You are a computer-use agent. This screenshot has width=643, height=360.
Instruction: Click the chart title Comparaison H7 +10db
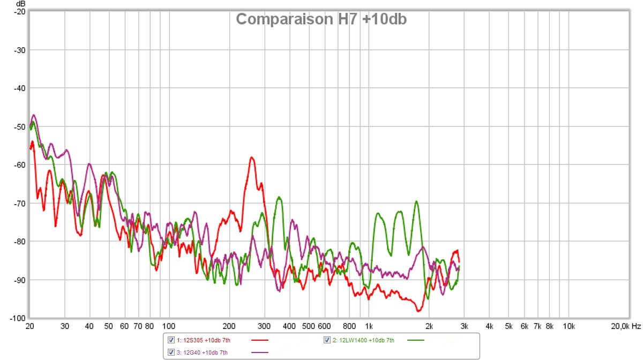(x=321, y=19)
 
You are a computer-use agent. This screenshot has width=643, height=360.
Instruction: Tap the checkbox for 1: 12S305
(x=171, y=340)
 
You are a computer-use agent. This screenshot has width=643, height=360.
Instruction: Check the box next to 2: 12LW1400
(x=327, y=340)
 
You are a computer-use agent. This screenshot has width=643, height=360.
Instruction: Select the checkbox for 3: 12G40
(x=171, y=352)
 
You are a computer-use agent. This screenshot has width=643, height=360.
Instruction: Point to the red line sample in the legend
(x=259, y=340)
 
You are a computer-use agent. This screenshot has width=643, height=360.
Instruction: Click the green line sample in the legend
(x=416, y=340)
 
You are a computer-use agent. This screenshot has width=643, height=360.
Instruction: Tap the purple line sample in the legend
(x=259, y=352)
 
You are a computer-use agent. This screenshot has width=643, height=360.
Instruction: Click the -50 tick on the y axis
(x=20, y=126)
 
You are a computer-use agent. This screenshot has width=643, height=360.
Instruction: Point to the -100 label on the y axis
(x=18, y=318)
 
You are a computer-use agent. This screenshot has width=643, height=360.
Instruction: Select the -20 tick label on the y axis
(x=20, y=11)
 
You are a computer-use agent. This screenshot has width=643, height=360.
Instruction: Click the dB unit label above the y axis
(x=21, y=4)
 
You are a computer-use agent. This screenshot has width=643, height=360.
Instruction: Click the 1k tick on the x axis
(x=369, y=326)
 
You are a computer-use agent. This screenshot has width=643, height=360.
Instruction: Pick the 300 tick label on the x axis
(x=264, y=326)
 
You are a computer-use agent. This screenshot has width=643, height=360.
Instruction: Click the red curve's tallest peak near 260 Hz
(x=251, y=157)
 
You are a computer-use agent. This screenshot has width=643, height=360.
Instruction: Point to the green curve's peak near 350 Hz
(x=279, y=198)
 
